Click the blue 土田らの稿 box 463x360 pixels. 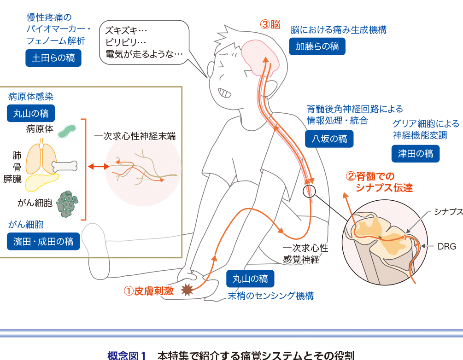53,58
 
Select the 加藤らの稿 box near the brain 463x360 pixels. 317,46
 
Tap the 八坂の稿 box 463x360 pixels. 329,139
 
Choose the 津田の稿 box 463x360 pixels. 416,153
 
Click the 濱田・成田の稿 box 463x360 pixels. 43,241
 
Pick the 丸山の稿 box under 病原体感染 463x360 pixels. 31,113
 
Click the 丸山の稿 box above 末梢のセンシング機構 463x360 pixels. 250,279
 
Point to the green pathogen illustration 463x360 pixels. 67,131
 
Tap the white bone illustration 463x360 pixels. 64,166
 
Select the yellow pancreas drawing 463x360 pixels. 41,182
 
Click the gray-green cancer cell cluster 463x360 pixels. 67,204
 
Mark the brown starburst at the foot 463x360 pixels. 187,290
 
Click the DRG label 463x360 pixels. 447,246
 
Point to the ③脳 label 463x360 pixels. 270,24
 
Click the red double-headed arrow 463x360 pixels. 99,167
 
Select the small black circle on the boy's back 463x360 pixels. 309,191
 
